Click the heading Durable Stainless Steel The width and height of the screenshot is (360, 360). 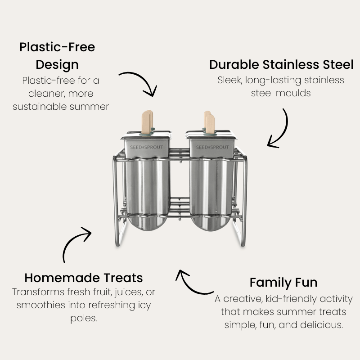pyautogui.click(x=281, y=64)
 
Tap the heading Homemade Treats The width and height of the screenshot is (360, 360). pyautogui.click(x=84, y=277)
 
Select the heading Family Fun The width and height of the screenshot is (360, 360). pyautogui.click(x=283, y=282)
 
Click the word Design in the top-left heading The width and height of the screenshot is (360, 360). pyautogui.click(x=57, y=64)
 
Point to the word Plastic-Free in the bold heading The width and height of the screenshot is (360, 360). pyautogui.click(x=57, y=47)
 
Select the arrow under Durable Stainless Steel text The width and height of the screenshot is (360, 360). pyautogui.click(x=279, y=128)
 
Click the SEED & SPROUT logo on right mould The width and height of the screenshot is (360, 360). pyautogui.click(x=213, y=147)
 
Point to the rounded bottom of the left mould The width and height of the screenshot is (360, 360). pyautogui.click(x=146, y=229)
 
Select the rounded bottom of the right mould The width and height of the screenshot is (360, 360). pyautogui.click(x=211, y=229)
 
